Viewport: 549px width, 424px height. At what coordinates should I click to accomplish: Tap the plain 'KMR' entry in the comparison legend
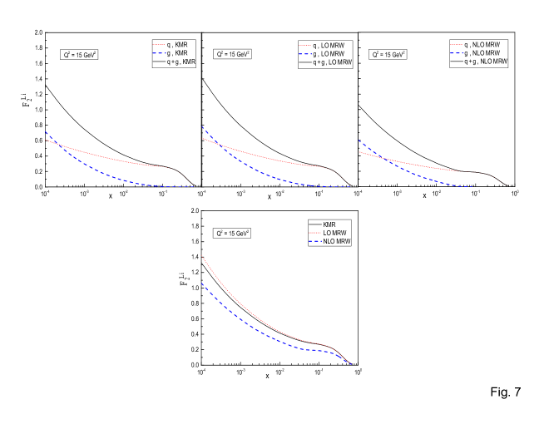click(329, 224)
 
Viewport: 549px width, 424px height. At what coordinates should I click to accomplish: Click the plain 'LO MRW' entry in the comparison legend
click(329, 233)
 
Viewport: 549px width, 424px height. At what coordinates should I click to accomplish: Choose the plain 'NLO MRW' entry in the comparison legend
click(329, 242)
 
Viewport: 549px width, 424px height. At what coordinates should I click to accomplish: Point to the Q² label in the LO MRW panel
click(233, 55)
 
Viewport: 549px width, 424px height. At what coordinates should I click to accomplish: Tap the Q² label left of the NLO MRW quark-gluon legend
click(387, 55)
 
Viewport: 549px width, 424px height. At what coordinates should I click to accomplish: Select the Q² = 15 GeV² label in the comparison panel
click(233, 234)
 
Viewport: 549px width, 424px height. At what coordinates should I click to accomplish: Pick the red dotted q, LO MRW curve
click(274, 158)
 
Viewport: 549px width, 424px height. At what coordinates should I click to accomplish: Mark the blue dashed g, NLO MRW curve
click(416, 172)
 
